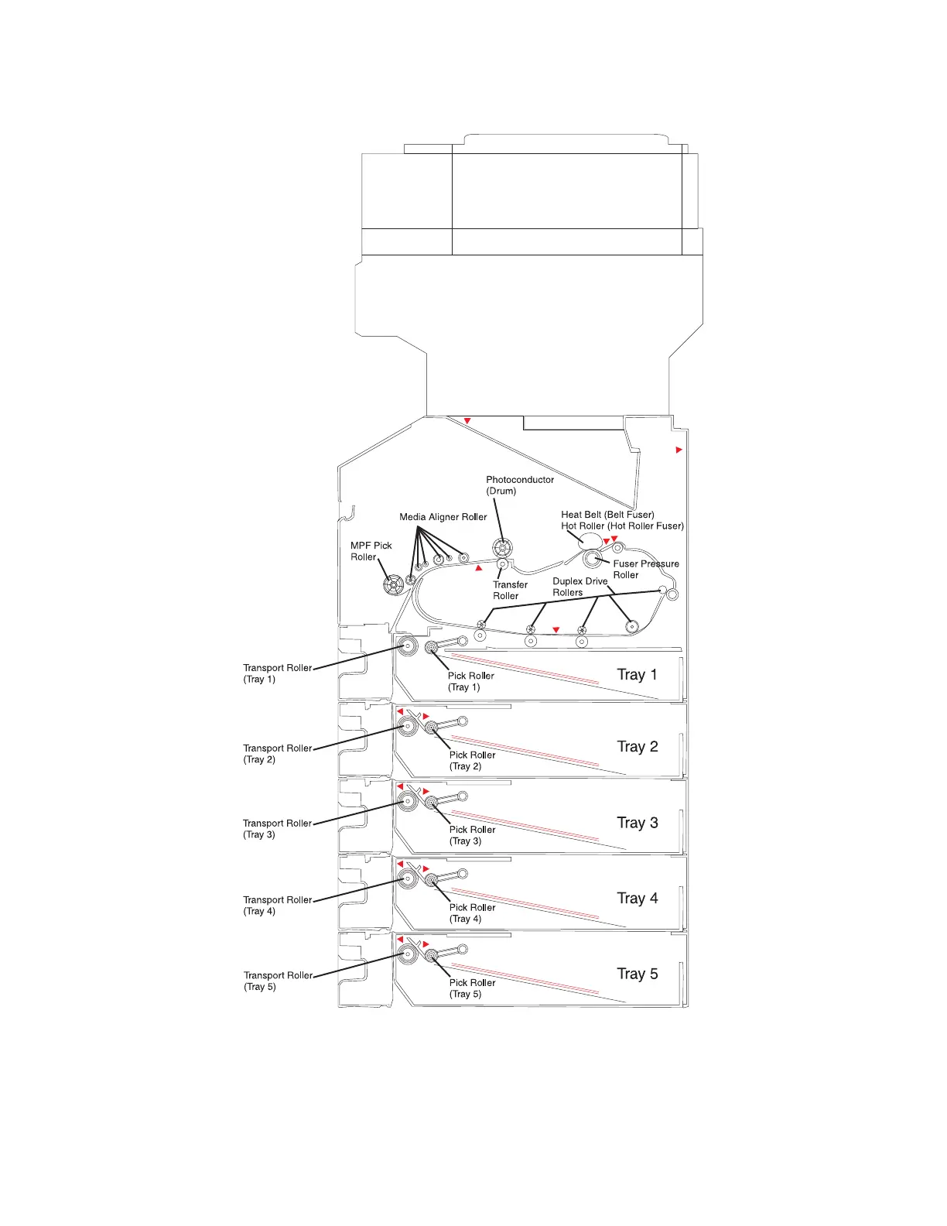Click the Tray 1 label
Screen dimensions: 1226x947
(637, 674)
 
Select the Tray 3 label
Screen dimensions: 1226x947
(637, 822)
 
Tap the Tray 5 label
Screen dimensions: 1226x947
(637, 974)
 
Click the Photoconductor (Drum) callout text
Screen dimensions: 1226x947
(520, 485)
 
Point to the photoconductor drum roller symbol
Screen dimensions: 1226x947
(502, 549)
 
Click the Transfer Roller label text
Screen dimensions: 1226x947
(510, 590)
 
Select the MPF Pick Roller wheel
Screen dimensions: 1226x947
(393, 584)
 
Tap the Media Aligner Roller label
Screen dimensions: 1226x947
(443, 517)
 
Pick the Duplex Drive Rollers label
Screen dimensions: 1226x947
(579, 587)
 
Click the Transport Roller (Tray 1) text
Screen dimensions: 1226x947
(277, 673)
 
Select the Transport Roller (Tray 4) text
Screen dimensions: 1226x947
(277, 905)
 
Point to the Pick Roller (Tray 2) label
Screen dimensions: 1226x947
(472, 760)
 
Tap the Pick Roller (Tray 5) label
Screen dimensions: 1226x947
(472, 988)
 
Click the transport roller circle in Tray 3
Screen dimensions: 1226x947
(408, 801)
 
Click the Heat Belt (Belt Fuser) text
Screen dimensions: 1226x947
(607, 514)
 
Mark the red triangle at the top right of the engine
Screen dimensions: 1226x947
(679, 450)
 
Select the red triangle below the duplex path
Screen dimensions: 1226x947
(556, 630)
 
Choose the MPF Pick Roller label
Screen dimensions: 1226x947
(371, 551)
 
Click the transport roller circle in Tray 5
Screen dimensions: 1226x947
(408, 954)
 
